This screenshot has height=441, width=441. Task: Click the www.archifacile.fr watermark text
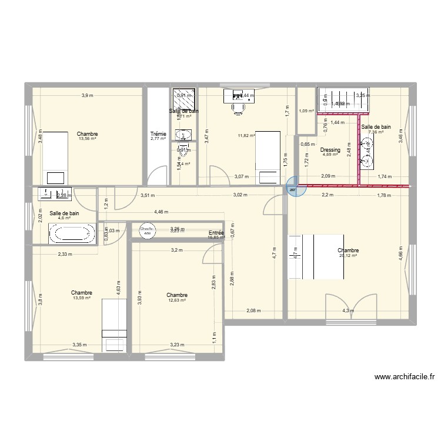[403, 377]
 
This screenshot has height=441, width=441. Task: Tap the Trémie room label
[158, 134]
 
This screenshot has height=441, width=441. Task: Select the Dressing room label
[330, 150]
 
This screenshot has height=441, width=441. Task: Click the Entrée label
[216, 233]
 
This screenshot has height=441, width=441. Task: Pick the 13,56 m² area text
[87, 139]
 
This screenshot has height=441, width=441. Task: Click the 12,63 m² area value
[177, 300]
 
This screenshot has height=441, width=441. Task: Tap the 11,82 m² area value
[246, 136]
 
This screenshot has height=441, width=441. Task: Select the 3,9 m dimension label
[87, 96]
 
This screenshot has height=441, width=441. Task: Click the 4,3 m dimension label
[349, 310]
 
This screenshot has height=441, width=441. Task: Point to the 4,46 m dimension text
[161, 212]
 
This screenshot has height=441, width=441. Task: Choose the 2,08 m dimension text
[253, 310]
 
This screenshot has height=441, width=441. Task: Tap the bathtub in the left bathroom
[72, 234]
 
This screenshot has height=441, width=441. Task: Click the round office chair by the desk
[239, 108]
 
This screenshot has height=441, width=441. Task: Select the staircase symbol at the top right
[343, 100]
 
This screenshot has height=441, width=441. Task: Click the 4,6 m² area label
[64, 218]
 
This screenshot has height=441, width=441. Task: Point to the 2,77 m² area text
[158, 139]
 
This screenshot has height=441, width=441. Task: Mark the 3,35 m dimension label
[80, 345]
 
